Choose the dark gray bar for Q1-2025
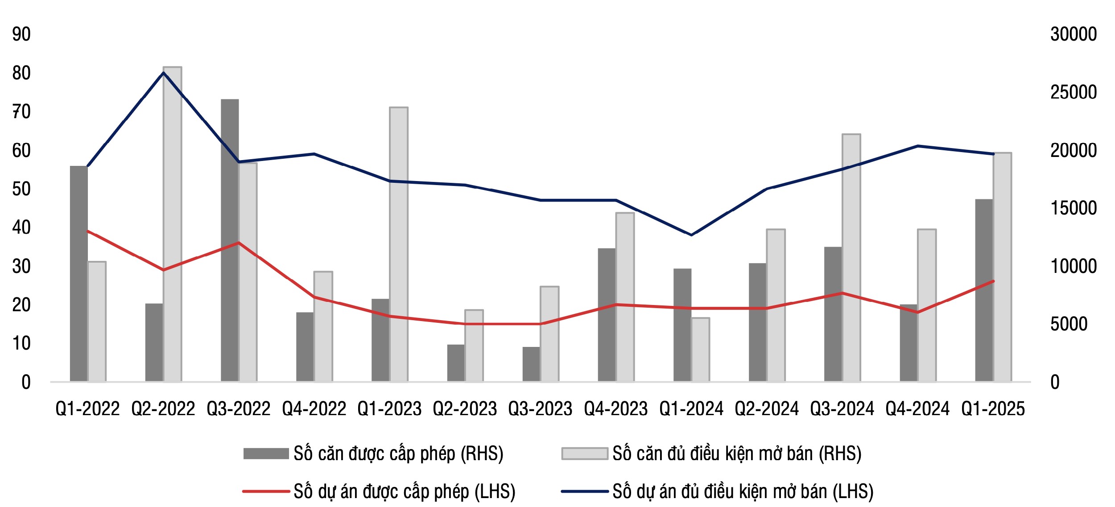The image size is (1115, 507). (x=984, y=290)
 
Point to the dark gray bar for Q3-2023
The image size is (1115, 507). (x=531, y=364)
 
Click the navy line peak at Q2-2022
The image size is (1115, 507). (x=163, y=72)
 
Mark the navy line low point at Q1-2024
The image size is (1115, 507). (x=691, y=235)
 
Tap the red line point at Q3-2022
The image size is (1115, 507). (x=239, y=243)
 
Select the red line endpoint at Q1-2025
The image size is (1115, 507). (x=993, y=281)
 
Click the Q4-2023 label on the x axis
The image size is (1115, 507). (x=616, y=409)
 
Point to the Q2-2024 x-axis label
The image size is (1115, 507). (x=767, y=409)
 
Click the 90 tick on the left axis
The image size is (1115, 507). (x=21, y=34)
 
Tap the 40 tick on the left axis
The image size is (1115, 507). (x=21, y=227)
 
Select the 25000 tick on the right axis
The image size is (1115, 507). (x=1073, y=92)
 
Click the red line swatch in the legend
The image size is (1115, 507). (x=266, y=491)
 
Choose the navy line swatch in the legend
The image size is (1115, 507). (x=584, y=491)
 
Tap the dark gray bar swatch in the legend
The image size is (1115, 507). (x=266, y=453)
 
